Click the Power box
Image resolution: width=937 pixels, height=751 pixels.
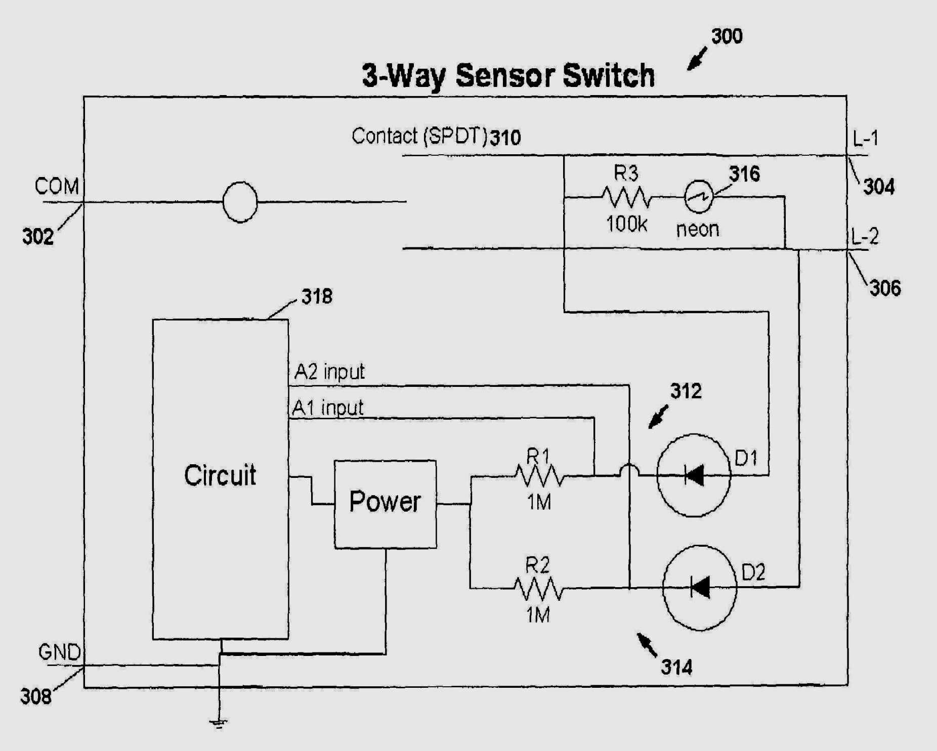pyautogui.click(x=385, y=504)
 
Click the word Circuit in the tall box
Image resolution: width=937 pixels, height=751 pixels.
pyautogui.click(x=220, y=475)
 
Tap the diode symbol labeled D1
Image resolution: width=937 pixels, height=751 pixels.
pyautogui.click(x=694, y=475)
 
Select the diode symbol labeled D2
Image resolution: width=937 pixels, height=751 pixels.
pyautogui.click(x=700, y=588)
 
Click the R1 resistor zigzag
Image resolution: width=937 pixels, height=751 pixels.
pyautogui.click(x=539, y=476)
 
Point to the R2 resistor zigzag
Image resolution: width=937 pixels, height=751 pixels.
pyautogui.click(x=538, y=588)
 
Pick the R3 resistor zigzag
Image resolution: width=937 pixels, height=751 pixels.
pyautogui.click(x=626, y=197)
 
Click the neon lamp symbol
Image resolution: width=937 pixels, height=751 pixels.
pyautogui.click(x=699, y=196)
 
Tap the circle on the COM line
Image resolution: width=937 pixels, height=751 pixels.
pyautogui.click(x=240, y=202)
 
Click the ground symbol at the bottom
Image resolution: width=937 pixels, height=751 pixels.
pyautogui.click(x=219, y=724)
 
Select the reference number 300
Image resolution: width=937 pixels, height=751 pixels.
pyautogui.click(x=727, y=36)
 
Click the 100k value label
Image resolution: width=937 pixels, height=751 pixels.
pyautogui.click(x=626, y=224)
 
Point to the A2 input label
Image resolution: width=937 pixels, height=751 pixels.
pyautogui.click(x=329, y=372)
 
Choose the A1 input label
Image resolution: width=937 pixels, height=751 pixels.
pyautogui.click(x=328, y=408)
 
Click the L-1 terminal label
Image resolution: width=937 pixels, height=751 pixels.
pyautogui.click(x=865, y=138)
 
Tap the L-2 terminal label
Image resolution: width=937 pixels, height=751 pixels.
pyautogui.click(x=865, y=236)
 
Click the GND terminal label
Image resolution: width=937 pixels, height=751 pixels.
pyautogui.click(x=60, y=652)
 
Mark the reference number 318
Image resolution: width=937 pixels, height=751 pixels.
pyautogui.click(x=317, y=296)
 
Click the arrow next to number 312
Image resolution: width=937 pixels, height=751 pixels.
pyautogui.click(x=658, y=418)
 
